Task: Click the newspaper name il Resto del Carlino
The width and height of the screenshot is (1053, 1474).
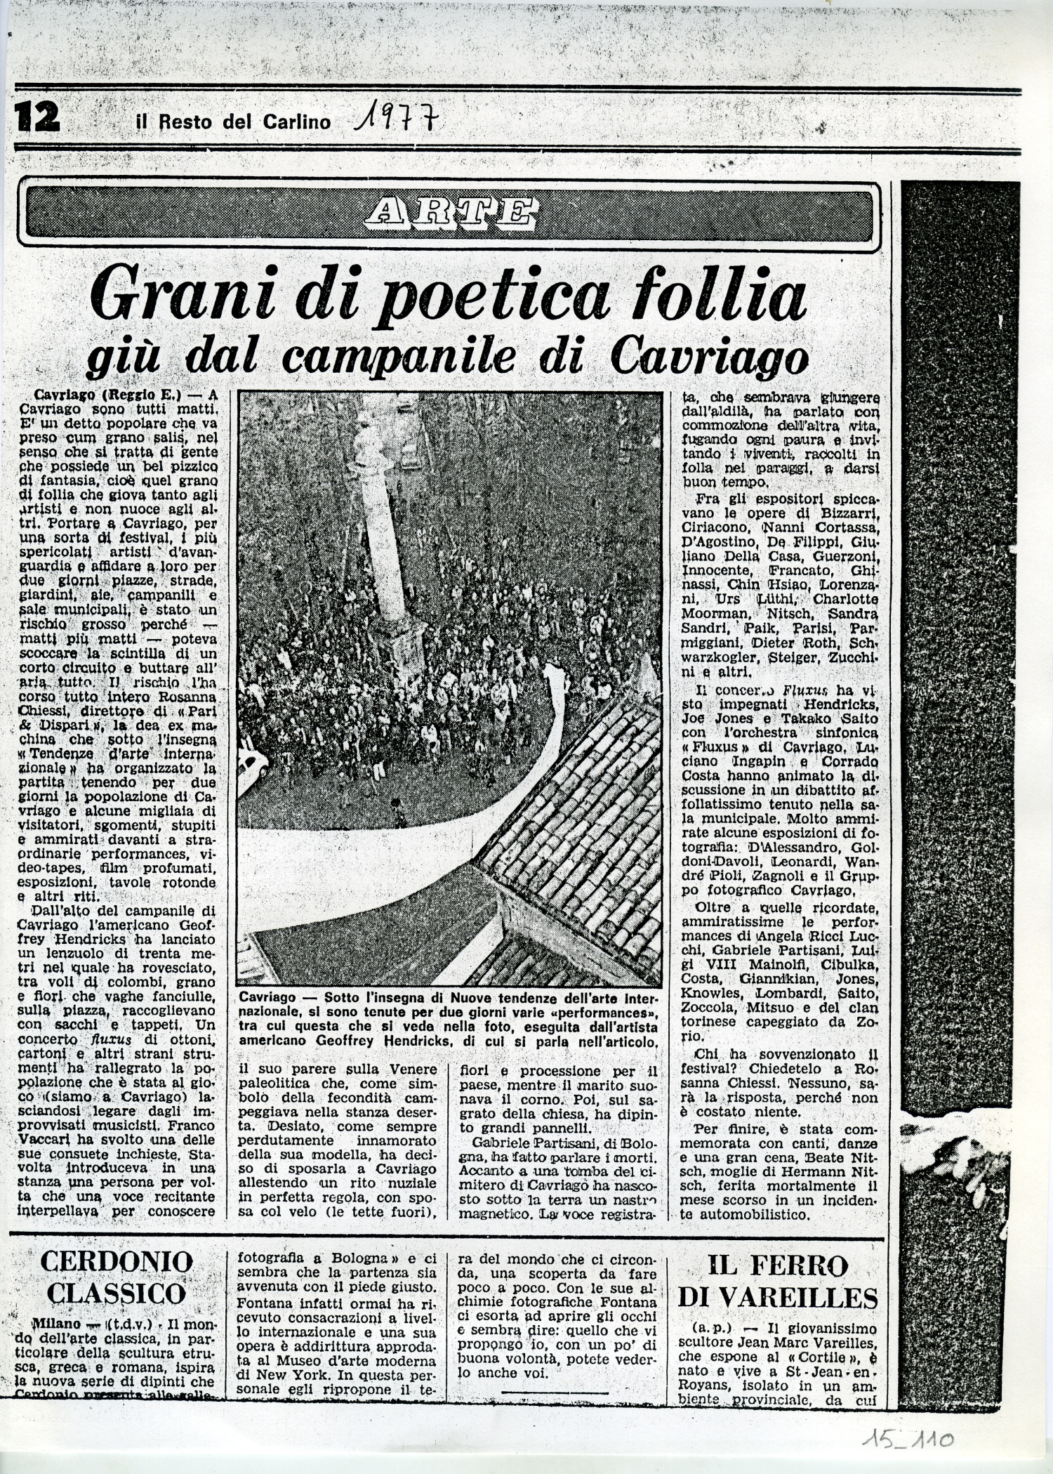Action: [x=233, y=121]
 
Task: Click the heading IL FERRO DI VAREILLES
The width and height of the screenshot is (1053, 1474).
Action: [x=777, y=1281]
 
